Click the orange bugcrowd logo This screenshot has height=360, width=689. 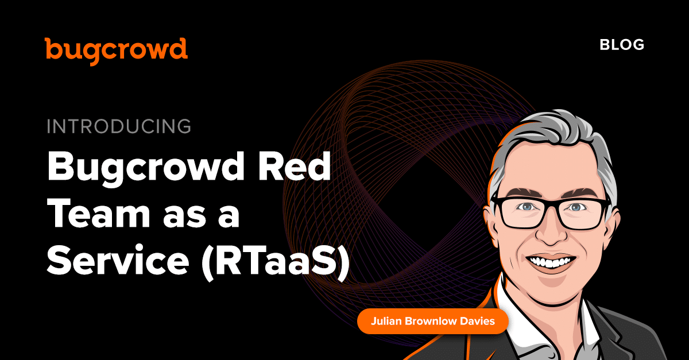point(116,51)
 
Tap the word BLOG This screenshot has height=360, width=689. point(622,45)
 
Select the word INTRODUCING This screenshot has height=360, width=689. point(119,126)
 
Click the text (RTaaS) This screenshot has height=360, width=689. point(276,262)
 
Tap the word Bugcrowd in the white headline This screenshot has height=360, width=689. point(145,169)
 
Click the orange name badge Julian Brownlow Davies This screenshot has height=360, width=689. point(433,321)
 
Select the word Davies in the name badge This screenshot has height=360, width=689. point(477,321)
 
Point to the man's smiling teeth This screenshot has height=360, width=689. point(551,262)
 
